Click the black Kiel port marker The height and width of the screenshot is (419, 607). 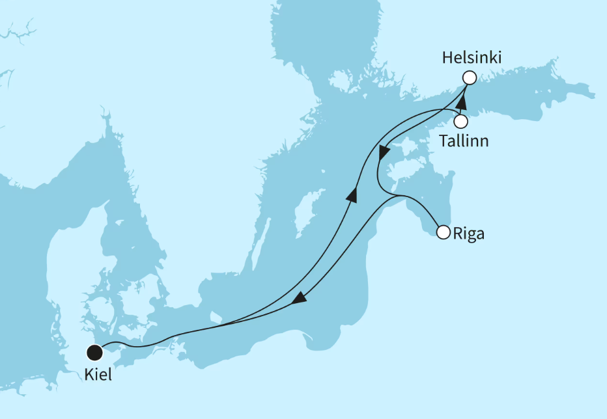(x=95, y=353)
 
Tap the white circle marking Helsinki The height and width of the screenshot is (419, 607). (x=469, y=77)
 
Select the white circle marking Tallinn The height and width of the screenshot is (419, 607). (x=461, y=121)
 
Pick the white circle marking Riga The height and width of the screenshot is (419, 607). (x=444, y=232)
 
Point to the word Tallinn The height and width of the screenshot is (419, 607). (x=464, y=141)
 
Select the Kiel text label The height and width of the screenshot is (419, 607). (x=98, y=375)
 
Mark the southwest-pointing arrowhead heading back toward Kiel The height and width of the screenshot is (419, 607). (x=299, y=299)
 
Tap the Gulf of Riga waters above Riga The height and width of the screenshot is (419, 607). (x=423, y=208)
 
